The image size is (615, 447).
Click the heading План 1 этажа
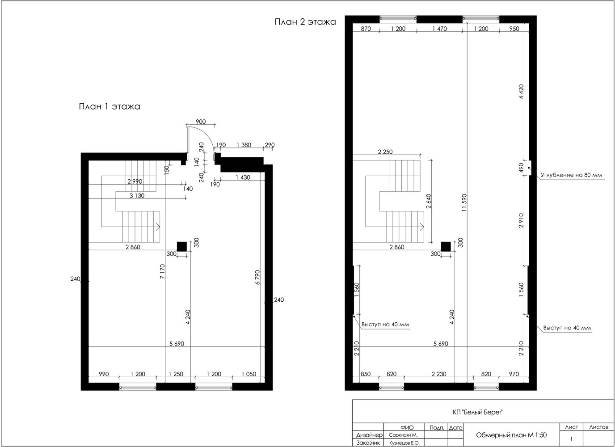(110, 106)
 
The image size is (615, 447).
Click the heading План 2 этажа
(305, 22)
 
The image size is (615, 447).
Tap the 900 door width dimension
(201, 122)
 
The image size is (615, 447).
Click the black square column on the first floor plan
(182, 247)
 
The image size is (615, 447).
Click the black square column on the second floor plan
(446, 247)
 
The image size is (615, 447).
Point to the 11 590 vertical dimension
(464, 202)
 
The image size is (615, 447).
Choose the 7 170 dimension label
(162, 271)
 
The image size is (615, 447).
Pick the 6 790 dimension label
(257, 277)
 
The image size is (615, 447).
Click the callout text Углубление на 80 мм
(571, 175)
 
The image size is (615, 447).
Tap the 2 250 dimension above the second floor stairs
(385, 152)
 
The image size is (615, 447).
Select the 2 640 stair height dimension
(429, 201)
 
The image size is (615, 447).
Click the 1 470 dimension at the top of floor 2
(439, 29)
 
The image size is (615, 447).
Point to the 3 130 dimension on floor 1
(137, 195)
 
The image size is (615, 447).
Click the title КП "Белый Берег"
(478, 412)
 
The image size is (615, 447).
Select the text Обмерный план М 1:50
(511, 435)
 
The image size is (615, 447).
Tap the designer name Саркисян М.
(403, 435)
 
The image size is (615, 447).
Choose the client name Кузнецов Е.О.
(404, 443)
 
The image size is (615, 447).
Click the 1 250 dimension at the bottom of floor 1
(176, 374)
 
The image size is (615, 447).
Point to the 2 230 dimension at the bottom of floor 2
(439, 374)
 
